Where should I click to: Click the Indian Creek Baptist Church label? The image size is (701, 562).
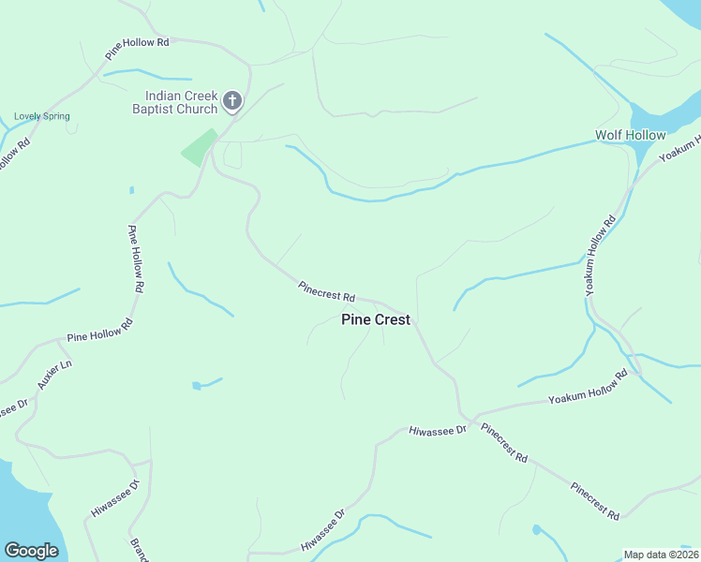point(181,102)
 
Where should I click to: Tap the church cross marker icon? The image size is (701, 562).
point(232,100)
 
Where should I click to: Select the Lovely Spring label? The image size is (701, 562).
point(42,116)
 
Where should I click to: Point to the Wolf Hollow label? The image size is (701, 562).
point(630,135)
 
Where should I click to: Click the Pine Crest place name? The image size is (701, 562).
point(375,319)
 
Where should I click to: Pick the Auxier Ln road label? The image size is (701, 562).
point(54,375)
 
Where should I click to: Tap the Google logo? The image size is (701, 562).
point(31,551)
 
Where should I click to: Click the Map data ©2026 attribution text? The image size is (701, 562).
point(661,555)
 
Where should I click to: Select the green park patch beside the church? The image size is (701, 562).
point(199,147)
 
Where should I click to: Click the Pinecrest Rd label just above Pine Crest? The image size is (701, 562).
point(327,291)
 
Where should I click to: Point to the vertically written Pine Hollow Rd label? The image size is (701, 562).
point(136,259)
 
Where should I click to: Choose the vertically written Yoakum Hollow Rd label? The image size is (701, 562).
point(600,256)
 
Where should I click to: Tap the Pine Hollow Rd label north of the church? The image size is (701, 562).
point(138,43)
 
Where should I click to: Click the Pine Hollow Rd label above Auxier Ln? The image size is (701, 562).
point(100,330)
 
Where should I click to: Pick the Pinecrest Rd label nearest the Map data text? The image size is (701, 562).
point(595,501)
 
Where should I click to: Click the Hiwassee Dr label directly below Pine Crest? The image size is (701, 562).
point(437,430)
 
